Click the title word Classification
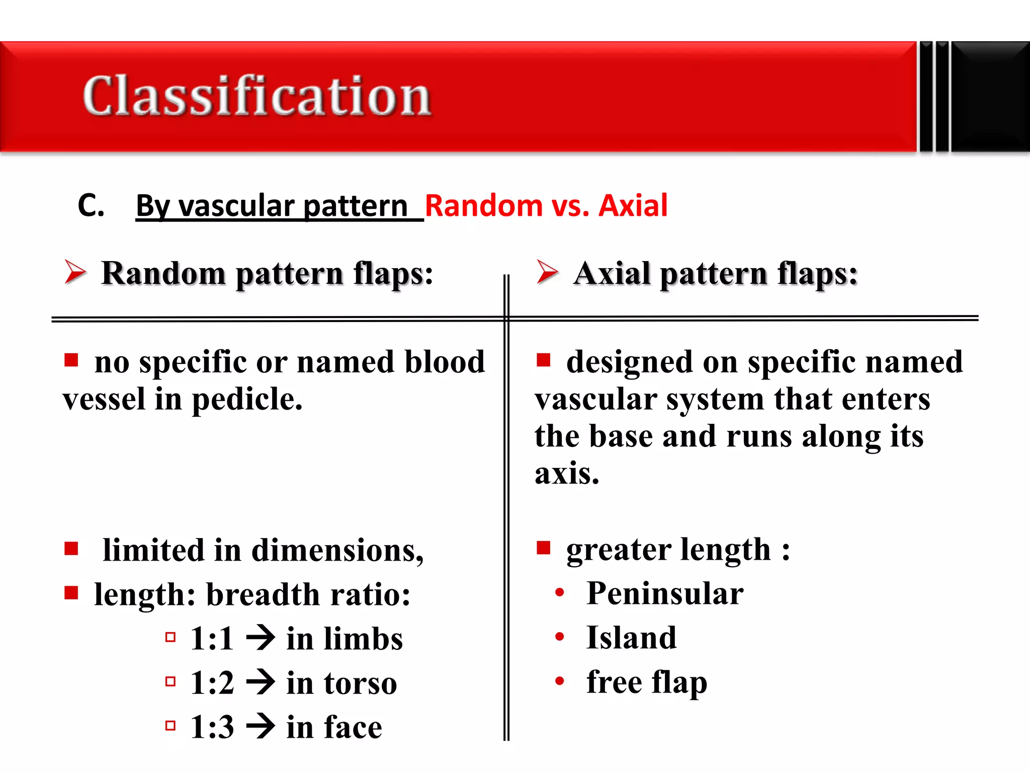256,96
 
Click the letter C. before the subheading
91,206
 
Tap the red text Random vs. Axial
546,206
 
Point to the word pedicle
246,400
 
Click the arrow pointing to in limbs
261,638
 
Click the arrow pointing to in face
261,727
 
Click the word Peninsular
665,594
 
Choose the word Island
632,638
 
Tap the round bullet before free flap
559,681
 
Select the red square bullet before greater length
544,547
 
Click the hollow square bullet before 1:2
170,682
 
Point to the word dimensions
337,551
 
